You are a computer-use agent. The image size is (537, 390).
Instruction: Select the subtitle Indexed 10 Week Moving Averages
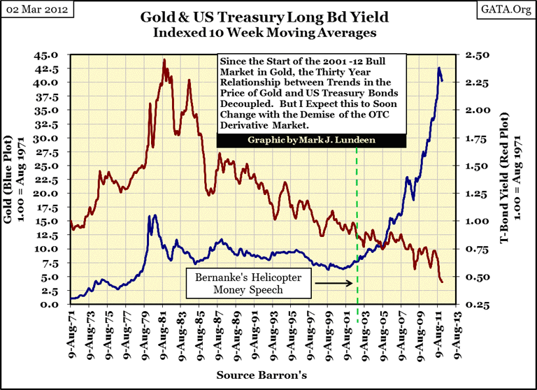[x=268, y=32]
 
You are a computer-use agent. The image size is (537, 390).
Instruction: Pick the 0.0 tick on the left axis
[x=57, y=304]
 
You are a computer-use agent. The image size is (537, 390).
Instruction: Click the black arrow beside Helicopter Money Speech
[x=332, y=283]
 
